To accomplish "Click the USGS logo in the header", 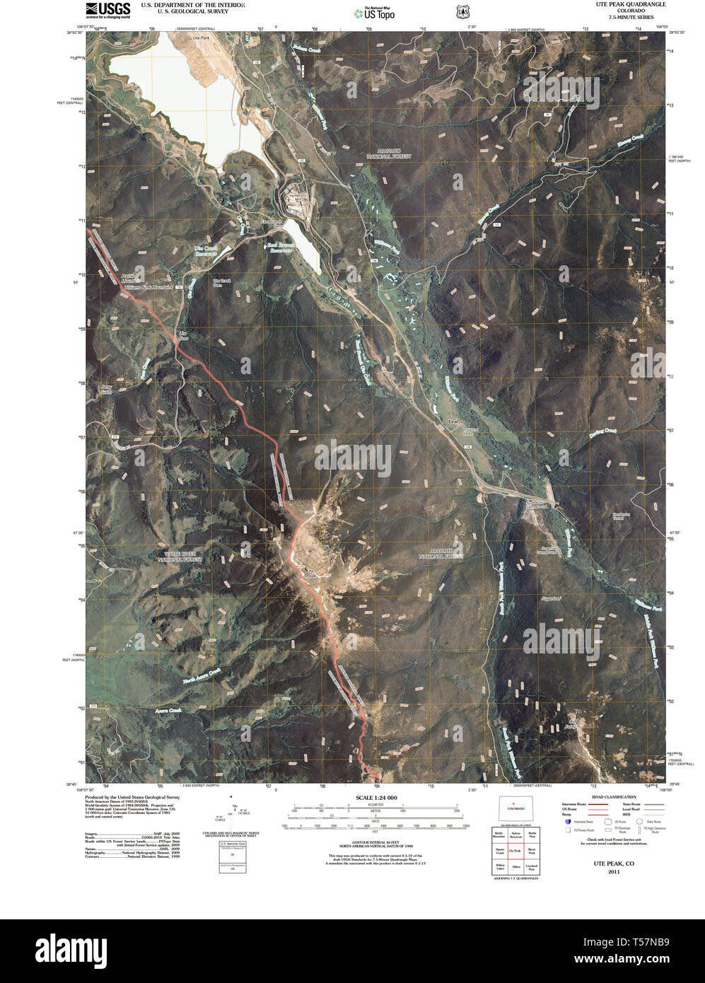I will (x=107, y=9).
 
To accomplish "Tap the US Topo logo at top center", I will (x=375, y=12).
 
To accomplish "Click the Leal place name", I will (x=453, y=422).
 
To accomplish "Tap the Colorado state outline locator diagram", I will (x=515, y=810).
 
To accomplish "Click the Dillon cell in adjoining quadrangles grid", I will (x=516, y=866).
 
